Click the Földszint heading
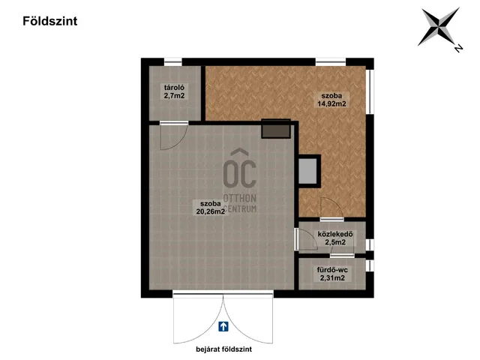[50, 21]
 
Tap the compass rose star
[439, 27]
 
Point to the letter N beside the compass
[458, 48]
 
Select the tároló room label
[174, 88]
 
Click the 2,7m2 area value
[174, 95]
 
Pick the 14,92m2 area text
[331, 103]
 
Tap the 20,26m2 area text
[211, 211]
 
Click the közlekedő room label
[335, 235]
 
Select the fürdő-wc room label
[332, 270]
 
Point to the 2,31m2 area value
[332, 278]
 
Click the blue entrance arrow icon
[223, 326]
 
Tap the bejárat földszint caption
[223, 349]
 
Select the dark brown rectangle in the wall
[276, 128]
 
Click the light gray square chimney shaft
[307, 171]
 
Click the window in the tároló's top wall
[173, 62]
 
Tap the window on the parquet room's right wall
[370, 92]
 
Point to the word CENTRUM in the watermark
[240, 208]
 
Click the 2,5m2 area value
[335, 242]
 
